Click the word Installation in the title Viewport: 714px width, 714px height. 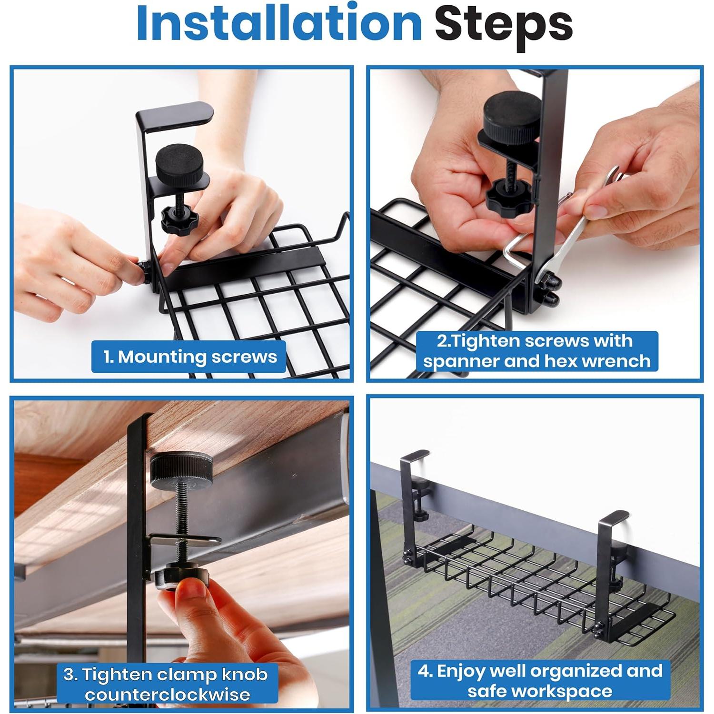pyautogui.click(x=279, y=23)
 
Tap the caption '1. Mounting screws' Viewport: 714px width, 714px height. pyautogui.click(x=190, y=357)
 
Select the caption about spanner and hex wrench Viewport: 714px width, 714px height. pyautogui.click(x=537, y=351)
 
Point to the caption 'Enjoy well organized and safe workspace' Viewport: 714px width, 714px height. pyautogui.click(x=540, y=681)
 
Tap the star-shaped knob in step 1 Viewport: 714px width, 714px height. pyautogui.click(x=179, y=219)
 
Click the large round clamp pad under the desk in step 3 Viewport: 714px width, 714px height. pyautogui.click(x=181, y=469)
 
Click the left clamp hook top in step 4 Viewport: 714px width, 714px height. pyautogui.click(x=415, y=456)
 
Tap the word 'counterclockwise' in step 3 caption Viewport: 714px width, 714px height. pyautogui.click(x=168, y=694)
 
